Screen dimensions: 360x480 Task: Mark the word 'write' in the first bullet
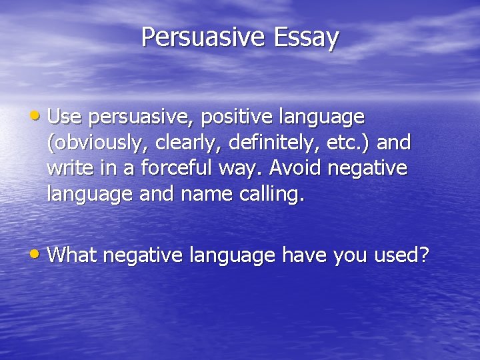coord(71,168)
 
